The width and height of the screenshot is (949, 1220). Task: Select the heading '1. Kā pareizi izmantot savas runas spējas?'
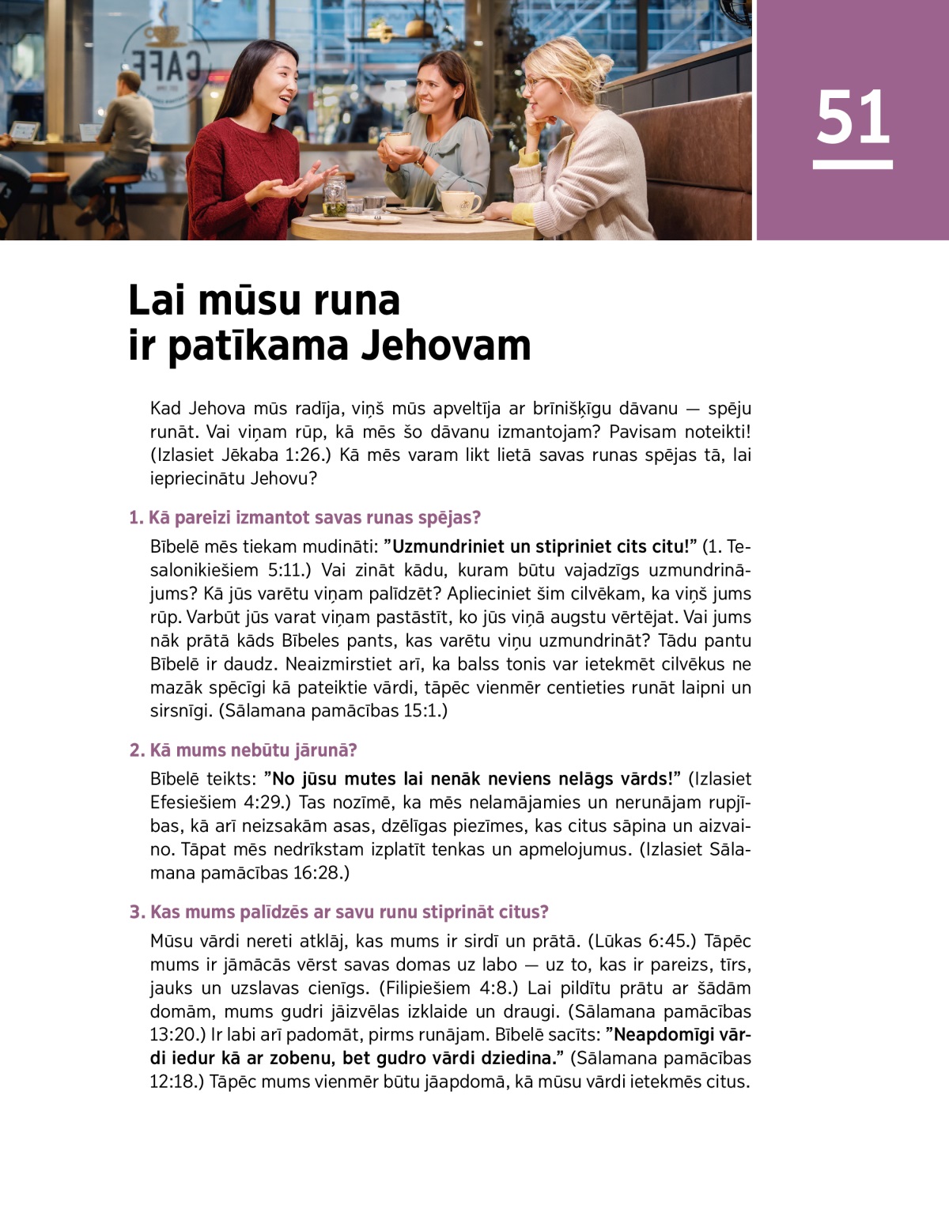(x=304, y=518)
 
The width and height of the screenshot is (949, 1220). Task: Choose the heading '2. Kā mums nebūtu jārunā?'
(x=244, y=750)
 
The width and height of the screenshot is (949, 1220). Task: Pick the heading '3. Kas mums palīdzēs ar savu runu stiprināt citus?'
(x=339, y=912)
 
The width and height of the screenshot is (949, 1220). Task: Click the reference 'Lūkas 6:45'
(x=641, y=942)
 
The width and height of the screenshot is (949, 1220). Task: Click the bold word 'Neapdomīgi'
(x=667, y=1035)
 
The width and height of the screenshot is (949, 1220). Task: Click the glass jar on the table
(x=335, y=197)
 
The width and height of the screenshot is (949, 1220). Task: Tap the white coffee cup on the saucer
(x=460, y=203)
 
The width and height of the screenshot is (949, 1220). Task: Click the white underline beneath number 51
(x=853, y=164)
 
